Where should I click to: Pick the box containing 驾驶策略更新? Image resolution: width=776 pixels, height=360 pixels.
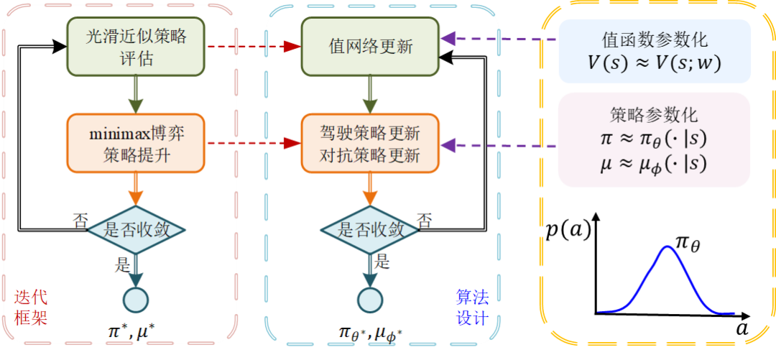click(x=370, y=144)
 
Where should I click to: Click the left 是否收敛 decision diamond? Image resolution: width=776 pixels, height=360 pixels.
click(x=137, y=230)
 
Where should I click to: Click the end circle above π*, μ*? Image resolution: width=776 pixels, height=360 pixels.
click(x=136, y=299)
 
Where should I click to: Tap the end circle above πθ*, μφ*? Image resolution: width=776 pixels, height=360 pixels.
click(x=370, y=299)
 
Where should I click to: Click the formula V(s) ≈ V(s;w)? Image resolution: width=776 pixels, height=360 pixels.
click(x=654, y=63)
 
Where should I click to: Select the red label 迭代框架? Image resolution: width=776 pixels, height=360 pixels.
click(x=31, y=306)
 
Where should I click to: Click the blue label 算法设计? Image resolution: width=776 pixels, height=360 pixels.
click(x=471, y=306)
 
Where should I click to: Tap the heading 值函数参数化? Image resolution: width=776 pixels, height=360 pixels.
click(x=654, y=40)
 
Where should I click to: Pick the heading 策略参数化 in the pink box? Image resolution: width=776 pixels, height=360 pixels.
click(x=653, y=115)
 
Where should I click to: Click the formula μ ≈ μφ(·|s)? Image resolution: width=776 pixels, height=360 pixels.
click(x=653, y=164)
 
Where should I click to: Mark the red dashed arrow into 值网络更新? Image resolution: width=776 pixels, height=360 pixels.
click(x=251, y=47)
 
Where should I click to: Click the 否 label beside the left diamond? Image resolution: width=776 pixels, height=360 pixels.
click(x=80, y=218)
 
